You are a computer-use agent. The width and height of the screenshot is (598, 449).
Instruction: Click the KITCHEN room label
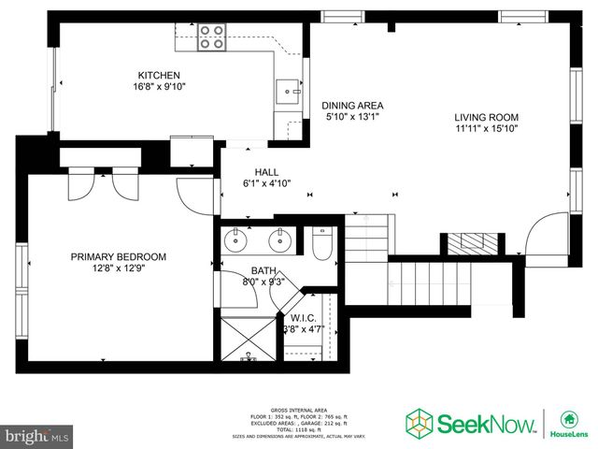tap(159, 76)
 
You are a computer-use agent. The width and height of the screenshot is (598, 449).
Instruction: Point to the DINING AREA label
tap(353, 106)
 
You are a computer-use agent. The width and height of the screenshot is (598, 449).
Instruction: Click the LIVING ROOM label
tap(486, 118)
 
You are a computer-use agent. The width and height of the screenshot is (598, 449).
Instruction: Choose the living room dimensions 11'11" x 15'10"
tap(486, 129)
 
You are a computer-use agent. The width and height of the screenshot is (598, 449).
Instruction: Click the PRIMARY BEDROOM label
tap(119, 256)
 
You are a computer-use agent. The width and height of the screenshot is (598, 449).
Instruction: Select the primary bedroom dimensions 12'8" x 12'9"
tap(119, 268)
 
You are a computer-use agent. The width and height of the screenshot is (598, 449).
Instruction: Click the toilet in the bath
tap(322, 245)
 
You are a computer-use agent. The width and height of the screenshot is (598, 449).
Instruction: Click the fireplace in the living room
tap(472, 243)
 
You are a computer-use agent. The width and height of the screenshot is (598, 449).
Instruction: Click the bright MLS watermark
tap(37, 436)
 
